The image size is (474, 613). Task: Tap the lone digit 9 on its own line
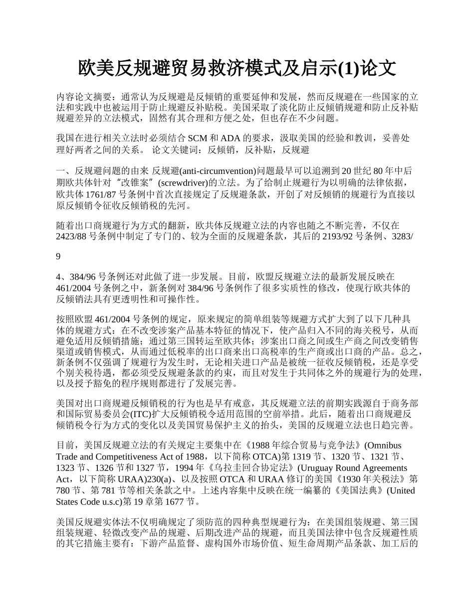tap(58, 257)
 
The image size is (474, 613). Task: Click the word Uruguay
tap(314, 468)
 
